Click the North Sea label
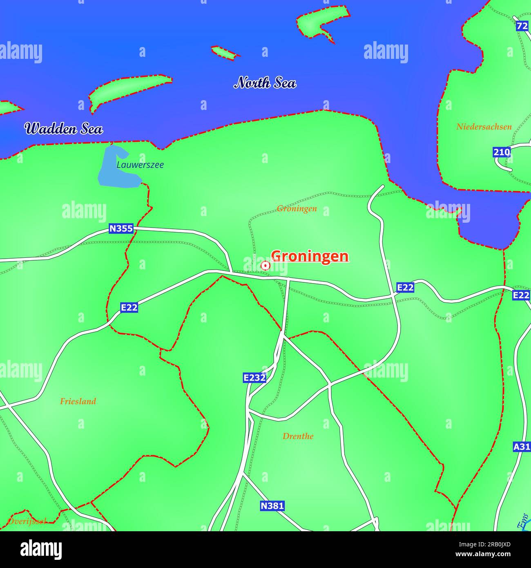265,83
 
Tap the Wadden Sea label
63,129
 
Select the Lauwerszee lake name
140,165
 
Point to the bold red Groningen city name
310,256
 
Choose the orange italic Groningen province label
297,209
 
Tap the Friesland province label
78,401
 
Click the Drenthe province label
298,436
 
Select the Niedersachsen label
484,127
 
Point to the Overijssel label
27,521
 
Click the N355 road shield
121,228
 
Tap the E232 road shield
254,378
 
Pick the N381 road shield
272,506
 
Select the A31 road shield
522,447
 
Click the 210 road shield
502,152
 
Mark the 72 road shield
522,26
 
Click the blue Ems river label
523,521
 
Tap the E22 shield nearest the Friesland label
129,307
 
